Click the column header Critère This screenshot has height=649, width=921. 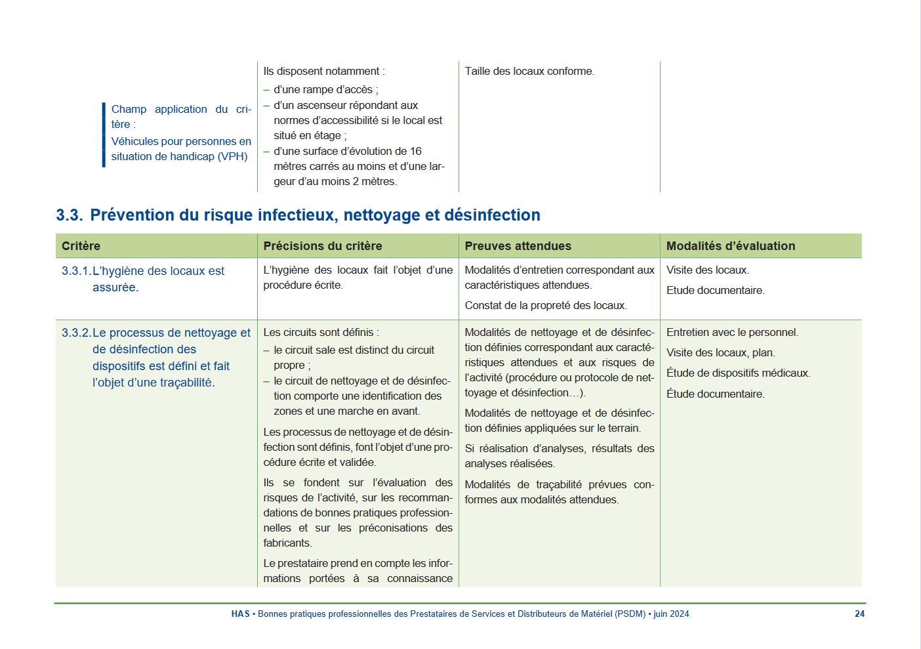pos(81,246)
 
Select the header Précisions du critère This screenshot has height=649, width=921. pos(322,246)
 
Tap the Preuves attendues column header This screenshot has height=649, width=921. pos(518,246)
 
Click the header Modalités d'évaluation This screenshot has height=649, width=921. pos(730,246)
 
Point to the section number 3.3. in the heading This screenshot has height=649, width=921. pos(69,215)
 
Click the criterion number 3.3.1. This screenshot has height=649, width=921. pos(76,271)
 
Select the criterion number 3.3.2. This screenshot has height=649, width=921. pos(76,333)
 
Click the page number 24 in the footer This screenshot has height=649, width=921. pos(859,614)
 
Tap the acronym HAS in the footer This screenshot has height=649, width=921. pos(240,614)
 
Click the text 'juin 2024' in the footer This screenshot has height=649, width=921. pos(671,614)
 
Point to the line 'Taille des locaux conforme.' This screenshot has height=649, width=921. pos(529,72)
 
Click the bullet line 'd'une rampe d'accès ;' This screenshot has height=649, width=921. pos(325,90)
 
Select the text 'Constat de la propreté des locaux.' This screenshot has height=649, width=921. pos(545,306)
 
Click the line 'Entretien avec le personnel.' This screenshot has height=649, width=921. pos(732,333)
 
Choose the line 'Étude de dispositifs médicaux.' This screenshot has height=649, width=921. pos(738,373)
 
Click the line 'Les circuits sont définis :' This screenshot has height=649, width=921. pos(321,333)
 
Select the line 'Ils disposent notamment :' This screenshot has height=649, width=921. pos(324,72)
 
